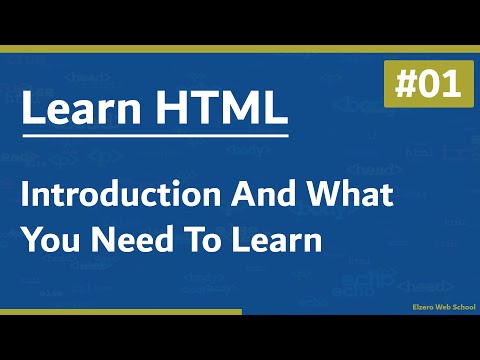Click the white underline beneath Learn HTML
click(x=156, y=135)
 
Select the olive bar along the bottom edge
click(x=120, y=311)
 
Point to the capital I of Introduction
click(x=28, y=196)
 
